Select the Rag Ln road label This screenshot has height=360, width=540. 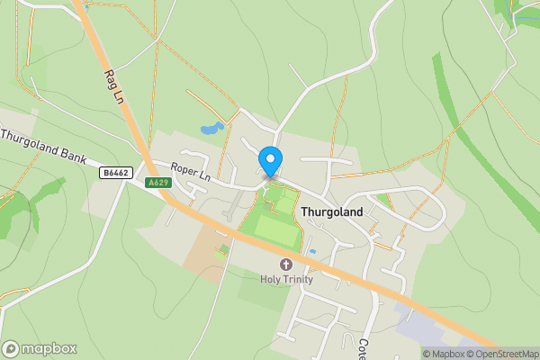(112, 87)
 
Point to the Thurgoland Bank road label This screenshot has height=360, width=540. (42, 147)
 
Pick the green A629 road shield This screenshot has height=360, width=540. (158, 183)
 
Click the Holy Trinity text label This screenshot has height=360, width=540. (287, 279)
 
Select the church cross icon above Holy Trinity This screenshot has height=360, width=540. (286, 265)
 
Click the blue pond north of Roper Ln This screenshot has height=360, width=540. (211, 129)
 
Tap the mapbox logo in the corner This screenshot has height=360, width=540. (40, 348)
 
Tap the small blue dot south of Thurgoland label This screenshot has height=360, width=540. (312, 251)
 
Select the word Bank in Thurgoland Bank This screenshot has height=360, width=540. (71, 155)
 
